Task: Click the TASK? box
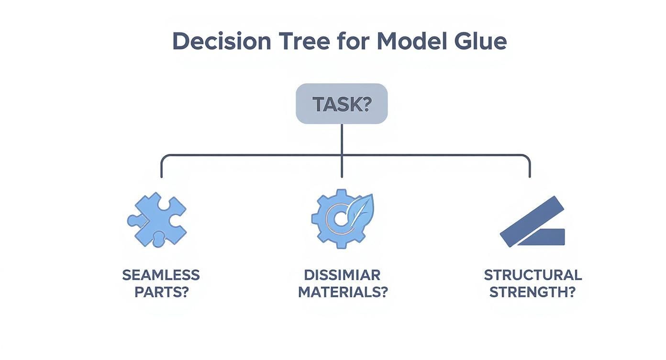tap(342, 103)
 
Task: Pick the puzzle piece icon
tap(157, 219)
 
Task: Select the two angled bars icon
tap(533, 221)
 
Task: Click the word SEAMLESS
tap(161, 275)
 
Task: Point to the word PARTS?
tap(162, 292)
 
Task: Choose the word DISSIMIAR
tap(342, 275)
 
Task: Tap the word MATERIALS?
tap(343, 292)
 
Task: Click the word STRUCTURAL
tap(533, 275)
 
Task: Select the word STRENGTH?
tap(533, 292)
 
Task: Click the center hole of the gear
tap(340, 219)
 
